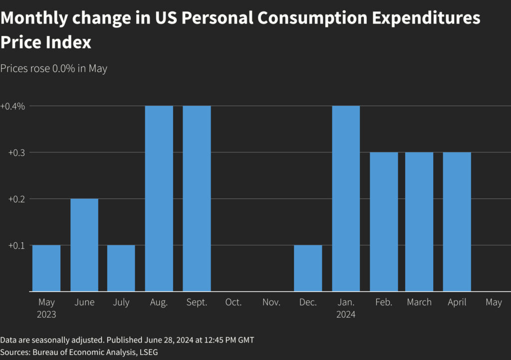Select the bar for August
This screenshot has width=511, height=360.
159,198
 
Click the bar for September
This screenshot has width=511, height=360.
197,198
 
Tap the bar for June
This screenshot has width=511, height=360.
84,245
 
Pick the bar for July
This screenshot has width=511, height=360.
121,268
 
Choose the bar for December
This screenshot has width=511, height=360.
308,268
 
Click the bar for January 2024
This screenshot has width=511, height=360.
346,198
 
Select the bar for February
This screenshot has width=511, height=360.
384,222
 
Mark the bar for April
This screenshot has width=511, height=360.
457,222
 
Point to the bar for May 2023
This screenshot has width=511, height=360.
46,268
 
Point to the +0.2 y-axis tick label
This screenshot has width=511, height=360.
16,199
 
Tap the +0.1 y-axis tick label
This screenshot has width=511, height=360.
16,245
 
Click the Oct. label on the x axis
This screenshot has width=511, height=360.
234,303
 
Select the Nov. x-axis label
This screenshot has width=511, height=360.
271,303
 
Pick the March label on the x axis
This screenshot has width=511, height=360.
419,303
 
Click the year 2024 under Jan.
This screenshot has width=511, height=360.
346,315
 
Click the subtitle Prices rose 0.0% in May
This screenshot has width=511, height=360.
54,68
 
